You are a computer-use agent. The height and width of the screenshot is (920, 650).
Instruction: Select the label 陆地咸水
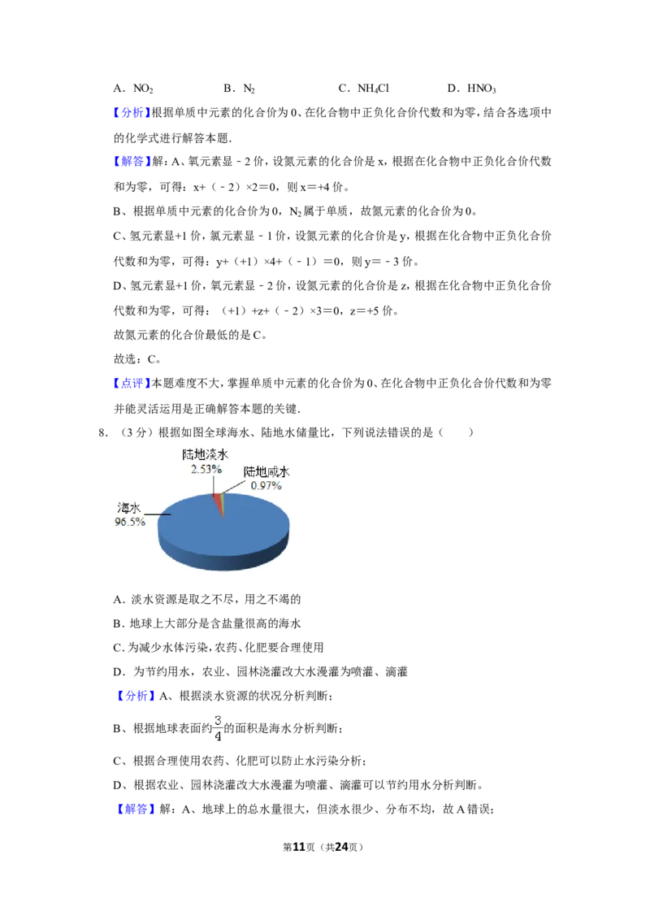pyautogui.click(x=266, y=472)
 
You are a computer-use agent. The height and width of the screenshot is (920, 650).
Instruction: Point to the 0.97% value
pyautogui.click(x=266, y=485)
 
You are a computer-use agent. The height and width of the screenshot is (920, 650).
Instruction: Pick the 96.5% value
pyautogui.click(x=129, y=522)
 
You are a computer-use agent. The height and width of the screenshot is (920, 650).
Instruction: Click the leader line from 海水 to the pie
pyautogui.click(x=159, y=514)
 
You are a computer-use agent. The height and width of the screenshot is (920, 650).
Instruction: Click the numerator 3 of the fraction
pyautogui.click(x=218, y=719)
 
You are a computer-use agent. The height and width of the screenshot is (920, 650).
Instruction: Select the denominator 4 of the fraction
pyautogui.click(x=218, y=737)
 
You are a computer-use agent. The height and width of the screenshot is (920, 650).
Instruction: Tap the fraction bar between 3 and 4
pyautogui.click(x=218, y=728)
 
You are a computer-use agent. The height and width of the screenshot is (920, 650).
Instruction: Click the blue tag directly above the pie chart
pyautogui.click(x=131, y=383)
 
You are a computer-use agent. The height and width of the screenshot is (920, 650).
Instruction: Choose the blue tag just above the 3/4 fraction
pyautogui.click(x=136, y=696)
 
